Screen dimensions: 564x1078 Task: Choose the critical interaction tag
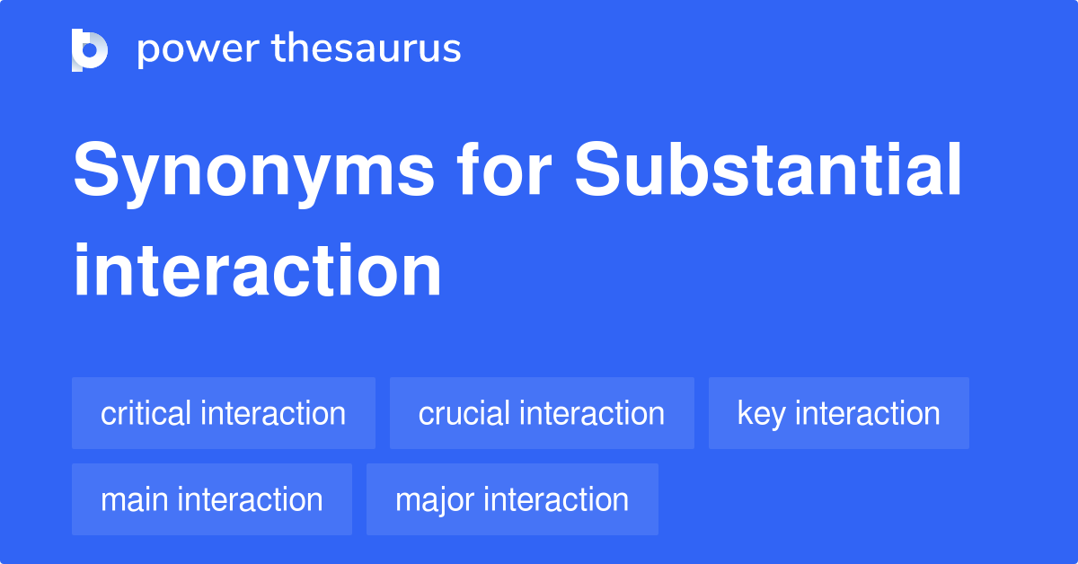224,413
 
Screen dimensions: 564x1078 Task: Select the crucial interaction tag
542,413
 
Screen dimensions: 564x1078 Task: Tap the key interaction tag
839,413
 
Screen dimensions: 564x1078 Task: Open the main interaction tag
212,499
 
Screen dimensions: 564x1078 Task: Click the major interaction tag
512,499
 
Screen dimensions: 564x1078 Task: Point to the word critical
146,413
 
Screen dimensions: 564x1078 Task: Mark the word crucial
464,413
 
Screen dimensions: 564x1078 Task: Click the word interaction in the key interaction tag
868,413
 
